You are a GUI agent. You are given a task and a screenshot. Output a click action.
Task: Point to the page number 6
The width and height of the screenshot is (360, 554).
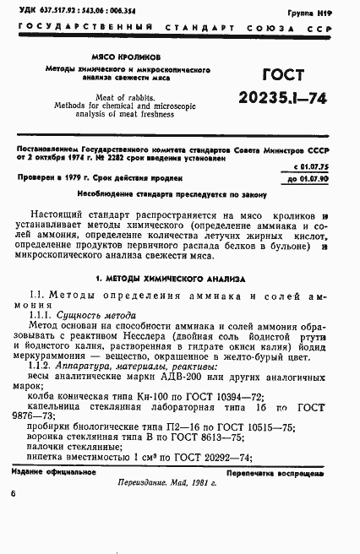point(14,514)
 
